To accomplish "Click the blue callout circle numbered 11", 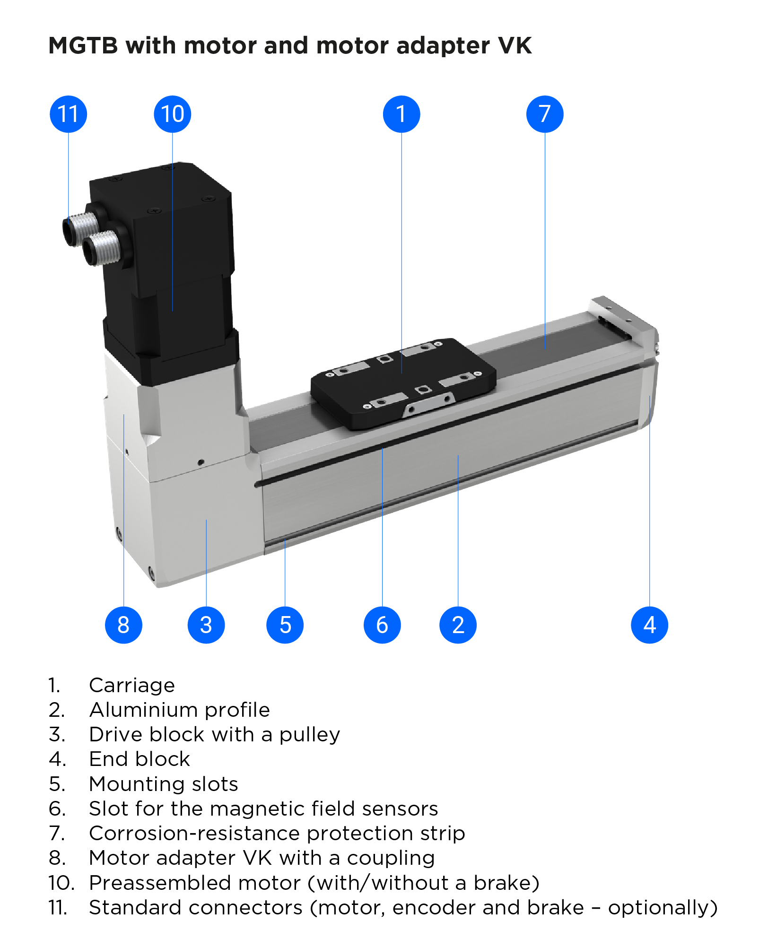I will click(68, 114).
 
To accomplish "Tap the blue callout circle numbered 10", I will click(172, 114).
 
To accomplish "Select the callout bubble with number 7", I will click(544, 114).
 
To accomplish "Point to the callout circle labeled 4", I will click(649, 625).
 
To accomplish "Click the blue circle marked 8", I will click(123, 625).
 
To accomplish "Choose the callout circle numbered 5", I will click(285, 625).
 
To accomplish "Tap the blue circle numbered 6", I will click(382, 625).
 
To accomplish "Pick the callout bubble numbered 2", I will click(458, 625).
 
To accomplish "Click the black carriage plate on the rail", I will click(402, 383).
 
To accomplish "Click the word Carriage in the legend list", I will click(132, 685).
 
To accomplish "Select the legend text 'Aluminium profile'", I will click(179, 710).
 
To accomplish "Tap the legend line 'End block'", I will click(140, 759).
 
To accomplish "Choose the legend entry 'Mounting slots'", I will click(163, 784).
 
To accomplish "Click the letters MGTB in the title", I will click(83, 46).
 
